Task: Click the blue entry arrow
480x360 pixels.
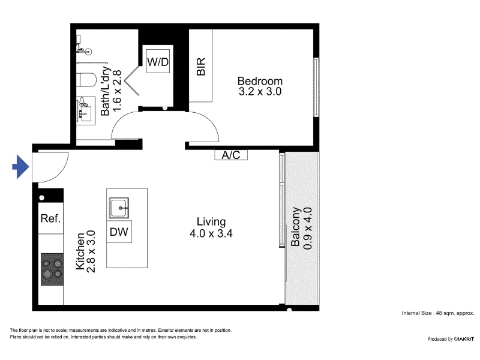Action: tap(20, 167)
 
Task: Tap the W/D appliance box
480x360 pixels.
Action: tap(158, 61)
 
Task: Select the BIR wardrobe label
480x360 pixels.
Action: tap(201, 67)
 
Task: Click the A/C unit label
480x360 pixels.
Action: tap(231, 155)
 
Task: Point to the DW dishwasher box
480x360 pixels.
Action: tap(119, 232)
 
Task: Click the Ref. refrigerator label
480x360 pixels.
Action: tap(50, 218)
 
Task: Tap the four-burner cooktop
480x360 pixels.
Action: tap(52, 269)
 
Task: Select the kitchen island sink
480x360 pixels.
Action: tap(119, 208)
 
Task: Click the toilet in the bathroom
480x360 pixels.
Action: tap(86, 80)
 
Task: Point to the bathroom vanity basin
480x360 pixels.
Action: tap(85, 111)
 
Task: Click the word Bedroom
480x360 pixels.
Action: tap(260, 81)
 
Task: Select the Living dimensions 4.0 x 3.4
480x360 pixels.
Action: tap(211, 233)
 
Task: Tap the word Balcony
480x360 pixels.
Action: tap(295, 227)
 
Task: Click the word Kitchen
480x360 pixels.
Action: tap(80, 251)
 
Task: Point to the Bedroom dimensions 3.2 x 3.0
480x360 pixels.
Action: tap(260, 92)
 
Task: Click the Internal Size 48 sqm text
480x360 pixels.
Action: tap(438, 313)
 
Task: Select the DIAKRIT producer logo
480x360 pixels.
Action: tap(464, 339)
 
